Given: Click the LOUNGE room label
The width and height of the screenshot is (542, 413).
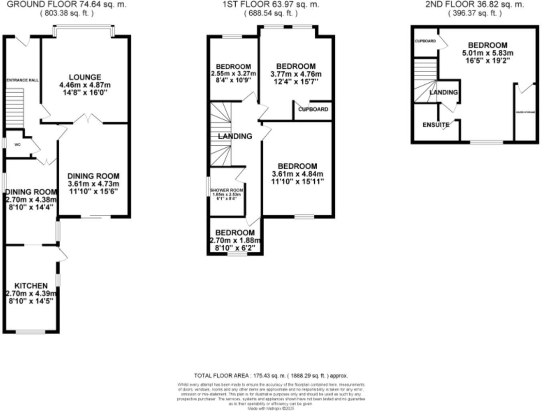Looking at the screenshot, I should coord(85,77).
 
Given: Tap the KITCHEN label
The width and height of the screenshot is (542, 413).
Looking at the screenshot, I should coord(31,285).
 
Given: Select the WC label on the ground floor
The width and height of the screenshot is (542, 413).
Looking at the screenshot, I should coord(17,144).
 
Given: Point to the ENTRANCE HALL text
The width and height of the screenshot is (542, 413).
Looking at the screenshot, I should coord(23,80).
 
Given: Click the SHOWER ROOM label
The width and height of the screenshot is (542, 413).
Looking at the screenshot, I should coord(227,190).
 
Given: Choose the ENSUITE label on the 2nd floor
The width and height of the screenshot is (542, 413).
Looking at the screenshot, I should coord(436,125).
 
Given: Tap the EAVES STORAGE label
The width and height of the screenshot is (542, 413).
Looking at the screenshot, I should coord(526,112).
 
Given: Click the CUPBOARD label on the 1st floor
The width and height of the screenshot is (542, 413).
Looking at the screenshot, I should coord(313,109).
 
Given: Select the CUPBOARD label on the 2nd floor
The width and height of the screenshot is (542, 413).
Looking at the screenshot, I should coord(425,41).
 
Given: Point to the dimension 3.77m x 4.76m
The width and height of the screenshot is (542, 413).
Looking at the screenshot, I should coord(296,74).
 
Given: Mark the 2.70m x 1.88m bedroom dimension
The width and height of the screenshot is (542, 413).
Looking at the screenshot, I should coord(235,240).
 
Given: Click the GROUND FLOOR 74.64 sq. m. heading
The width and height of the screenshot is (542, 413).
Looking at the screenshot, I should coord(67,4).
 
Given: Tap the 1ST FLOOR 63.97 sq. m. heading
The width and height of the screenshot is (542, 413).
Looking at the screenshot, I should coord(271,4).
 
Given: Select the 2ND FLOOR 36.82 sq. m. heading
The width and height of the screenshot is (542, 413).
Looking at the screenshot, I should coord(475,4).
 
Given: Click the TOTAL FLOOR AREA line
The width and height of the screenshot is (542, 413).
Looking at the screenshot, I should coord(271,376).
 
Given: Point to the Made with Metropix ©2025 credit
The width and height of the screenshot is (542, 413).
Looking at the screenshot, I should coord(271,409).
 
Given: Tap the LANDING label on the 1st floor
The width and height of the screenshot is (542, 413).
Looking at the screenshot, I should coord(235,136).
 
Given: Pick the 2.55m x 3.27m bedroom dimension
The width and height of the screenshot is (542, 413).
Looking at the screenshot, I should coord(233,74).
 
